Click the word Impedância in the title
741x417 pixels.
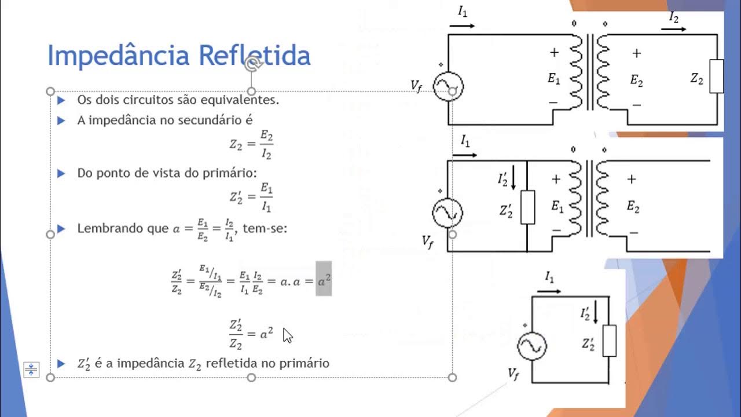coord(119,56)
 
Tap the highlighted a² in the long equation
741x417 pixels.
coord(324,279)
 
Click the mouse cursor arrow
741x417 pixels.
coord(287,335)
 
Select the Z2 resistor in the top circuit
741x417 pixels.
coord(716,76)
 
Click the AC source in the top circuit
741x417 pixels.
coord(448,87)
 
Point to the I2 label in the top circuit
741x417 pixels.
coord(674,17)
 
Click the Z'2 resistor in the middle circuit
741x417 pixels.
coord(527,207)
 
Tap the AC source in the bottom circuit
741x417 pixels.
coord(531,346)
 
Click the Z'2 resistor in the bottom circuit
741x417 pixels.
coord(609,341)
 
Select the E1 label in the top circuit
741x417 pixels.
coord(554,79)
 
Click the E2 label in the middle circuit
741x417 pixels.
coord(633,207)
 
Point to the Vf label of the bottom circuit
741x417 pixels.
coord(513,374)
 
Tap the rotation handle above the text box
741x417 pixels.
coord(251,64)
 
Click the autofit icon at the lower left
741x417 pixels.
coord(31,369)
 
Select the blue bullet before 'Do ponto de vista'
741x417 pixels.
coord(61,173)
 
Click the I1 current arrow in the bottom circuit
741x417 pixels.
coord(548,291)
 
